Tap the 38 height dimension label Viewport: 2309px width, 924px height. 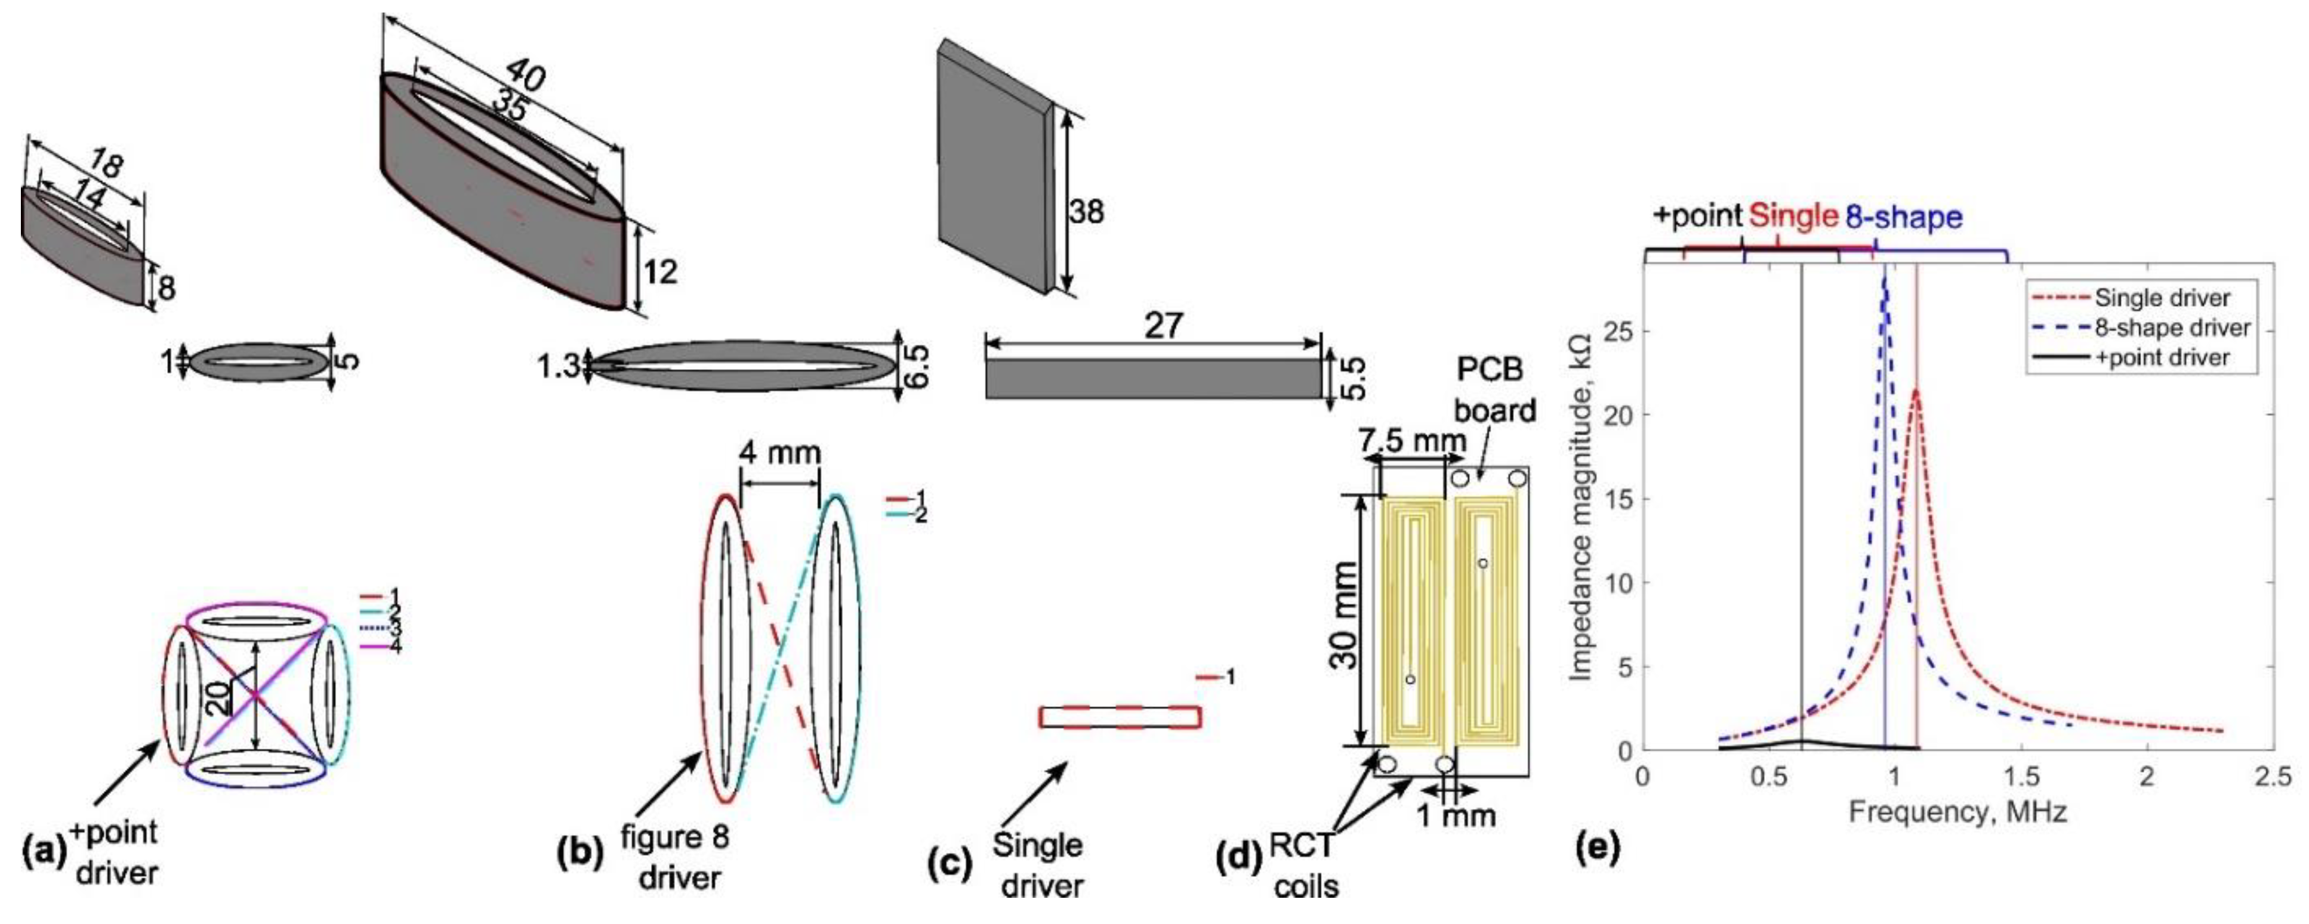coord(1086,212)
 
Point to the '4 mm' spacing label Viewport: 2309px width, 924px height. coord(780,453)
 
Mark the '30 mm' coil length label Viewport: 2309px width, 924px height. coord(1345,616)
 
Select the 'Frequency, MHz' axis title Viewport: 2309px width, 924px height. coord(1957,813)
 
